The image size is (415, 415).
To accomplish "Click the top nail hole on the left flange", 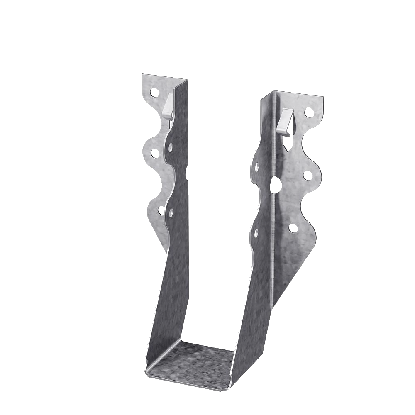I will (154, 92).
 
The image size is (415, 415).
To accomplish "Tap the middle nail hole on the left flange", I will (155, 154).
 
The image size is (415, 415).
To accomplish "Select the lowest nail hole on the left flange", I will (161, 210).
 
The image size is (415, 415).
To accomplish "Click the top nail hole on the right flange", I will (309, 112).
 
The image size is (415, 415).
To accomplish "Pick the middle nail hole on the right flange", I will (308, 176).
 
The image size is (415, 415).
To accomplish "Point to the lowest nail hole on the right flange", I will (293, 228).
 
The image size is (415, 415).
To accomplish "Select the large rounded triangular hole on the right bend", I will (274, 185).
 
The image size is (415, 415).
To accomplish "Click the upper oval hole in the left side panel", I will (171, 146).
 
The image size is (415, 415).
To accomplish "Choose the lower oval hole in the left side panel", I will (171, 213).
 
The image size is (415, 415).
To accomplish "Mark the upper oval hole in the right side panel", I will (256, 167).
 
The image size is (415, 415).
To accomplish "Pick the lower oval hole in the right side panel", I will (256, 233).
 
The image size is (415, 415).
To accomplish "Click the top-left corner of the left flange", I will (142, 74).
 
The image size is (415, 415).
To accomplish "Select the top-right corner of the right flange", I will (323, 98).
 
